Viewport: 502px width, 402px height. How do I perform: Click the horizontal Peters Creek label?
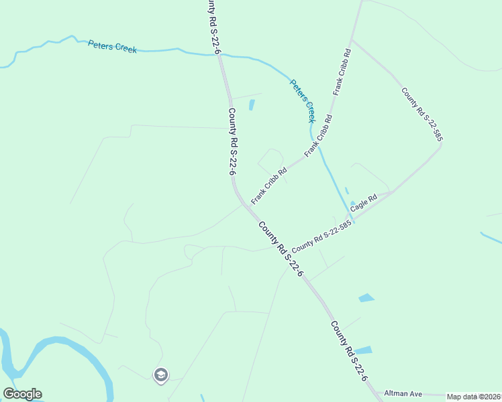click(x=112, y=47)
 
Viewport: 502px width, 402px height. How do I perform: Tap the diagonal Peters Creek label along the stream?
click(x=302, y=101)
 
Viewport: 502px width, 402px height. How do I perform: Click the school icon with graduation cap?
click(x=160, y=375)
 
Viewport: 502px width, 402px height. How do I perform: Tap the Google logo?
click(x=22, y=394)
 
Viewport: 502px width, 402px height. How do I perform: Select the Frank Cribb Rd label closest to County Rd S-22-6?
click(x=269, y=186)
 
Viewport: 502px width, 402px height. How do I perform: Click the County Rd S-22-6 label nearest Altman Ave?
click(x=349, y=351)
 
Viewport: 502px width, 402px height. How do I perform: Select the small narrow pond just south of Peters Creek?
click(x=252, y=105)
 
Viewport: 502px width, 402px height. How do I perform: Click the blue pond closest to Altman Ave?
click(x=363, y=350)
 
